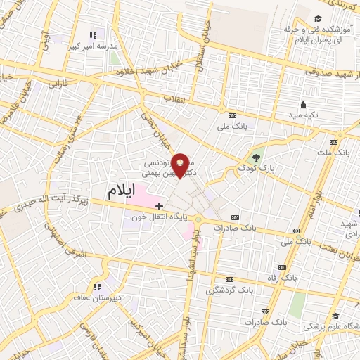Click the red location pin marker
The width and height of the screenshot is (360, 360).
coord(181,165)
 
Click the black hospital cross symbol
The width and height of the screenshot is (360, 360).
coord(159,206)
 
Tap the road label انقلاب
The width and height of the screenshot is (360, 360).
coord(174,98)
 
